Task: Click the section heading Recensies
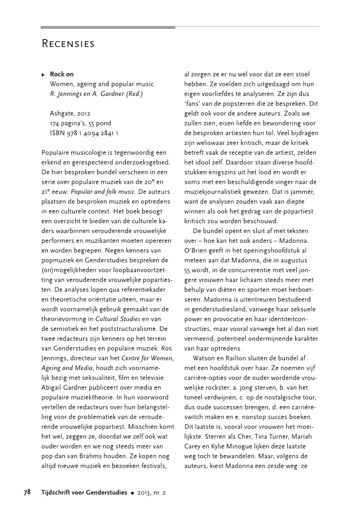68,43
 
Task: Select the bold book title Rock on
62,74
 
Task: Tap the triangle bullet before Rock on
43,74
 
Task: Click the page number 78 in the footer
27,492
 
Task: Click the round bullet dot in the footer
131,492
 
